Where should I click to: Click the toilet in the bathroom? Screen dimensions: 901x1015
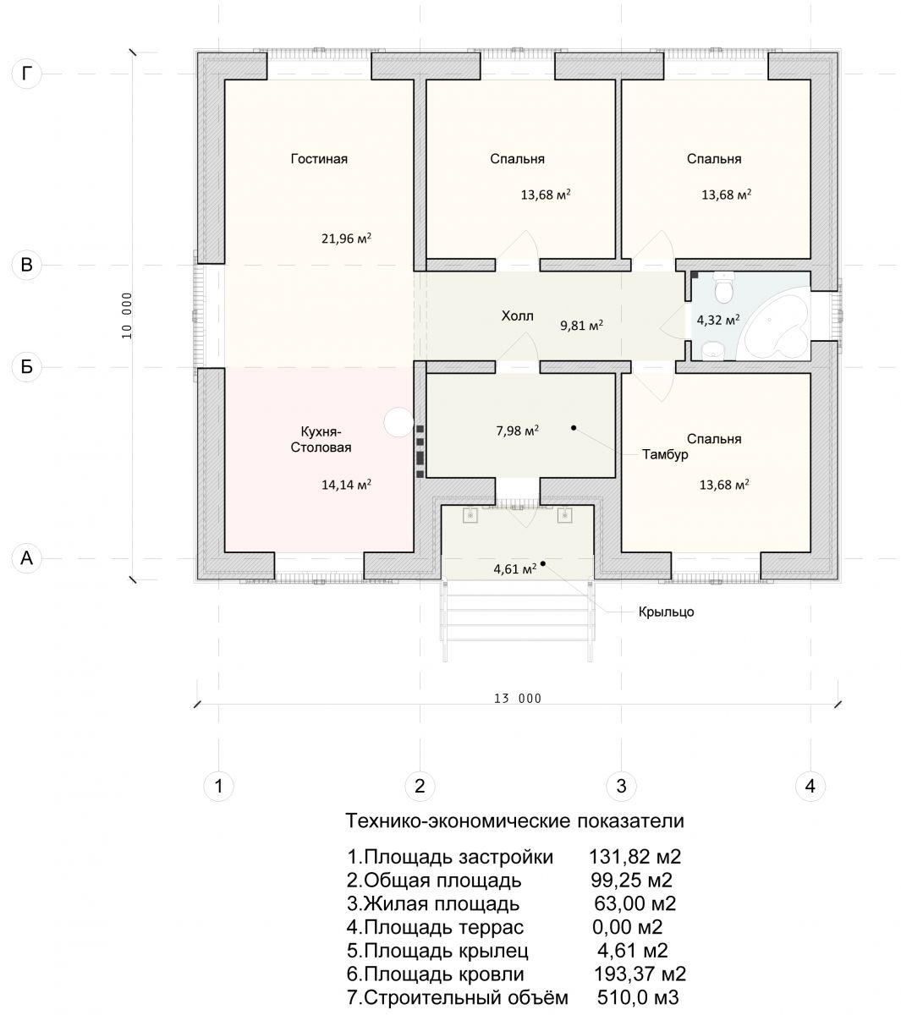pyautogui.click(x=723, y=288)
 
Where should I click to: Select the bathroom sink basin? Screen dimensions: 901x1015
pyautogui.click(x=712, y=351)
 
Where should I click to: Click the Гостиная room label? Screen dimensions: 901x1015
pyautogui.click(x=319, y=159)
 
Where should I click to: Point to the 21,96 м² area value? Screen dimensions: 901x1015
pyautogui.click(x=346, y=238)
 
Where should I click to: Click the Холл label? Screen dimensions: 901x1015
pyautogui.click(x=517, y=316)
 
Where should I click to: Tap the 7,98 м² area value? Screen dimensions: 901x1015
pyautogui.click(x=517, y=431)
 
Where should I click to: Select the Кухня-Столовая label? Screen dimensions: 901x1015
pyautogui.click(x=321, y=439)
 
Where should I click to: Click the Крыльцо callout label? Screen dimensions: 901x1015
pyautogui.click(x=666, y=612)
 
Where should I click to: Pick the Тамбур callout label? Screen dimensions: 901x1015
pyautogui.click(x=665, y=454)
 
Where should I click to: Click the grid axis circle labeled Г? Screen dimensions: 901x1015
pyautogui.click(x=26, y=74)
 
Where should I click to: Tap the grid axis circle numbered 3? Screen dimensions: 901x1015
pyautogui.click(x=621, y=786)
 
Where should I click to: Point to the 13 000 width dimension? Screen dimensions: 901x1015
pyautogui.click(x=518, y=699)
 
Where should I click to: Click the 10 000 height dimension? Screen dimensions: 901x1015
pyautogui.click(x=127, y=315)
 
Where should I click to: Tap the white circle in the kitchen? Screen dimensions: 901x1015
pyautogui.click(x=398, y=422)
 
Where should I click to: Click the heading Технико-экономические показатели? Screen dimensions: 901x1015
pyautogui.click(x=514, y=820)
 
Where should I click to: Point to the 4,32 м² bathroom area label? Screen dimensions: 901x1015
pyautogui.click(x=718, y=320)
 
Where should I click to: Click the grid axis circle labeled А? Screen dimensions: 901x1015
pyautogui.click(x=26, y=557)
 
